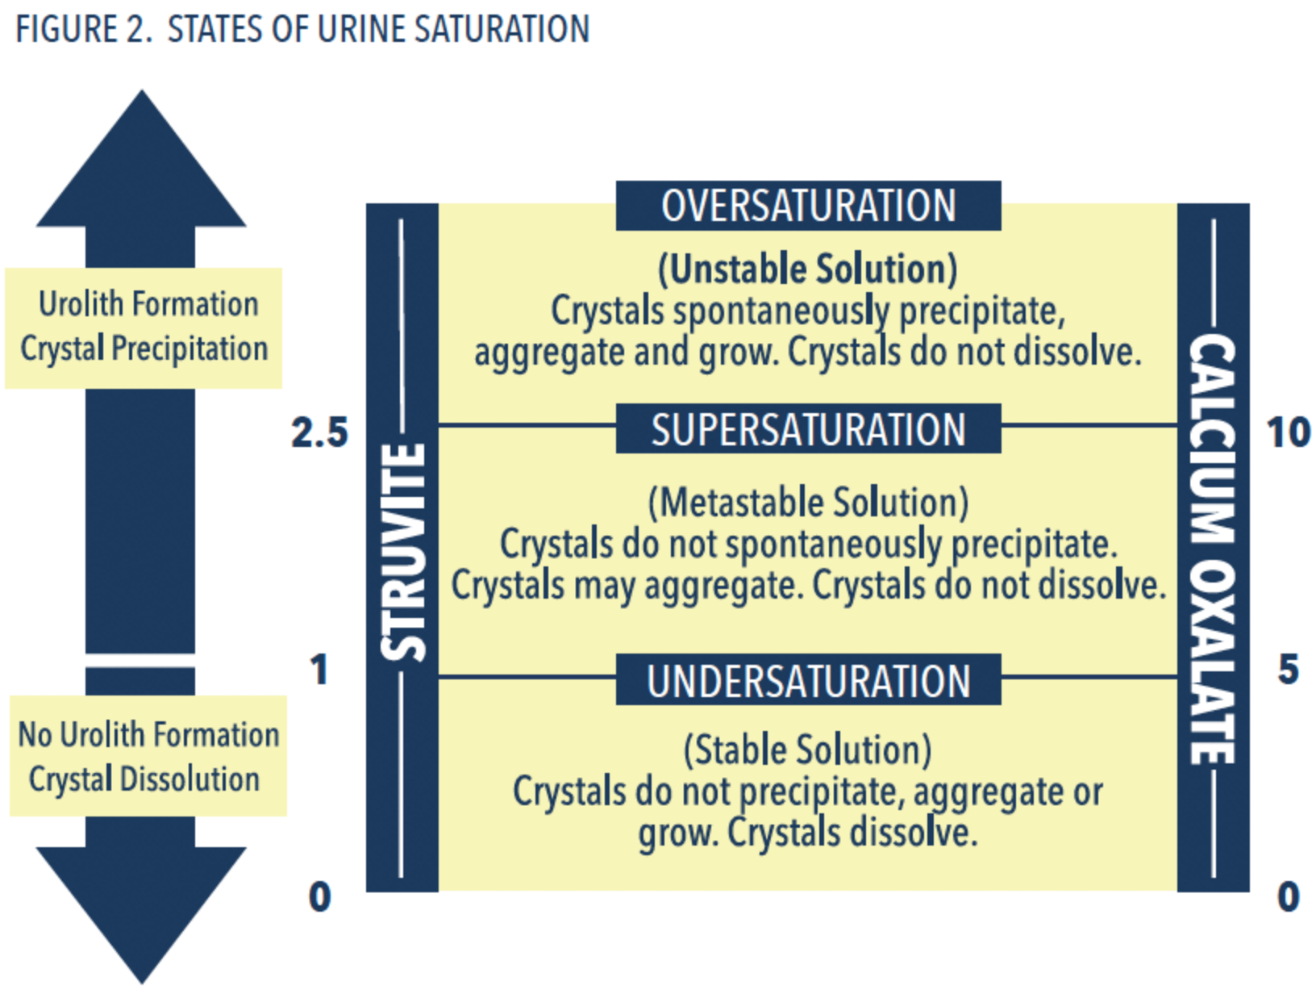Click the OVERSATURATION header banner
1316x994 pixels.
808,206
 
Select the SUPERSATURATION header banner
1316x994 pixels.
808,429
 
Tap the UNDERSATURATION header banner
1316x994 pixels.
808,680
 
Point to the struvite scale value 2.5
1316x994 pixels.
319,432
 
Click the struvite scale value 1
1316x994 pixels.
319,670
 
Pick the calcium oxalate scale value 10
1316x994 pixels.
1288,432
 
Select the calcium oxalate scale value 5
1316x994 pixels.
1288,670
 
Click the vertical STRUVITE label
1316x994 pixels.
403,552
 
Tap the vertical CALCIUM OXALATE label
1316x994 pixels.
1213,549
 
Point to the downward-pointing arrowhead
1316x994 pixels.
141,904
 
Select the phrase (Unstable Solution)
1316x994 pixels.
808,269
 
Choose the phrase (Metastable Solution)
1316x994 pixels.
808,503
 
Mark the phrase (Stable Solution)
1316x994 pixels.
808,750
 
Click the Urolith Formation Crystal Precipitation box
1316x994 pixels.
144,328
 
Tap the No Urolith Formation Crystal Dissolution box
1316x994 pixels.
148,756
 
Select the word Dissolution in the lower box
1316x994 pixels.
189,779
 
